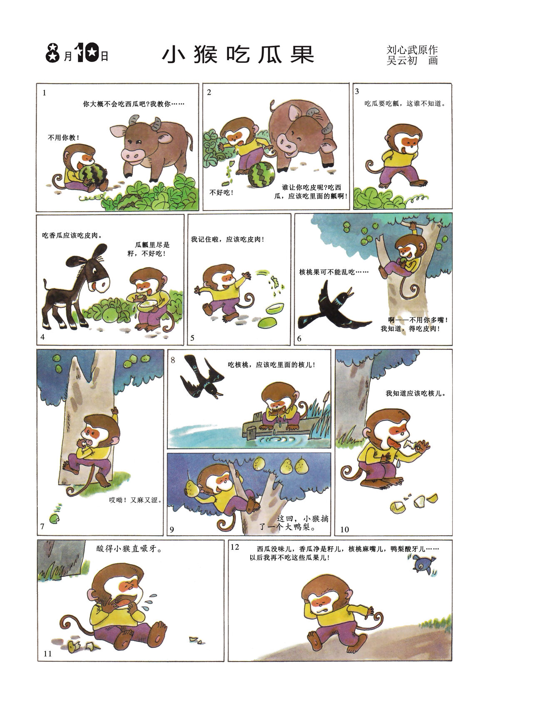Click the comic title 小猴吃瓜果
(238, 54)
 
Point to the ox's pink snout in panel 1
(133, 154)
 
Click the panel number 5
(192, 338)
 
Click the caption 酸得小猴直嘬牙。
(129, 549)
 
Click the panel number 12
(235, 547)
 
